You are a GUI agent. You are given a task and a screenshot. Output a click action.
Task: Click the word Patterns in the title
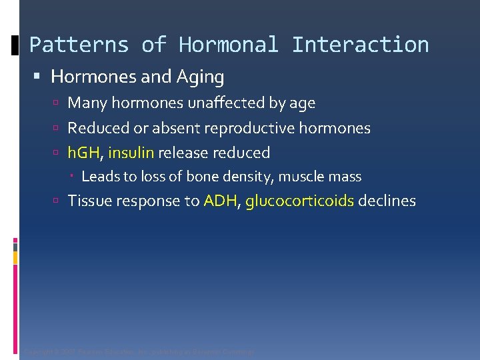[79, 45]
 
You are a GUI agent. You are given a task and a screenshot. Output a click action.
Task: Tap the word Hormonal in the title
[228, 45]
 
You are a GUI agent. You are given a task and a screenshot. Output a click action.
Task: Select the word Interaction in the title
[360, 45]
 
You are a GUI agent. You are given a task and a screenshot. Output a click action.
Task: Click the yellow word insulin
[131, 153]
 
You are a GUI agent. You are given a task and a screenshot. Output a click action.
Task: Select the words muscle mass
[320, 177]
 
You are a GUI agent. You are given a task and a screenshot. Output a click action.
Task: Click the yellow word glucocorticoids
[299, 201]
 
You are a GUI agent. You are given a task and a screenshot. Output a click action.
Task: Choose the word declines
[387, 201]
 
